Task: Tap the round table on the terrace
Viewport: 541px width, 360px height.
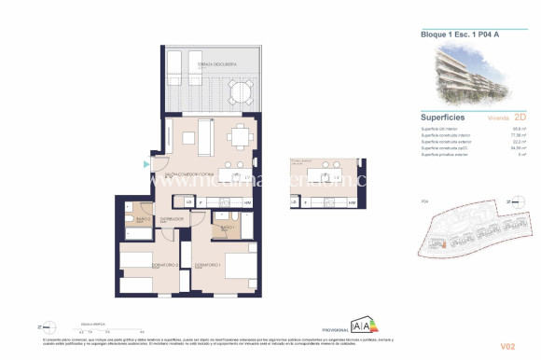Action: (x=242, y=91)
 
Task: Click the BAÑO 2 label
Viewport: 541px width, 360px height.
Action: (x=141, y=220)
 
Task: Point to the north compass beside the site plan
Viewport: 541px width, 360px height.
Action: (x=511, y=201)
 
